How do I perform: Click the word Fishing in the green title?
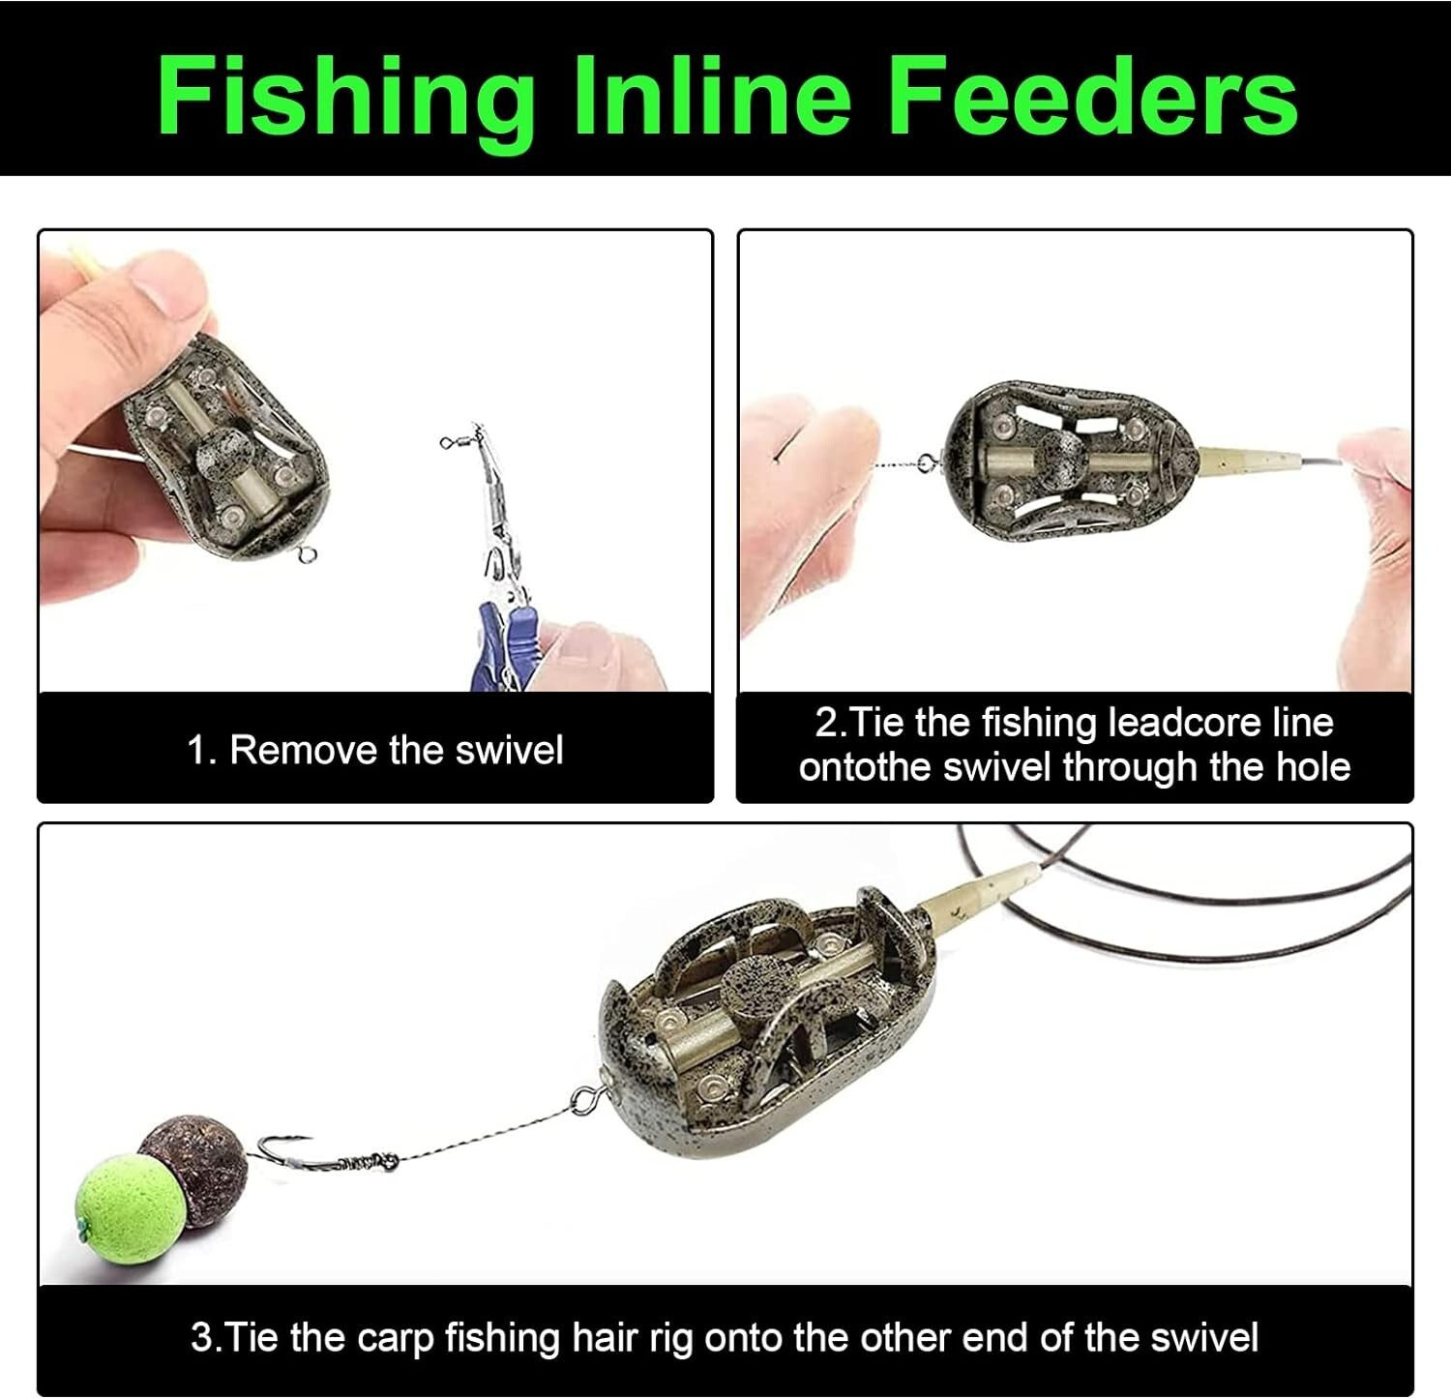(344, 96)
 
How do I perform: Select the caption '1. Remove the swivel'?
(374, 750)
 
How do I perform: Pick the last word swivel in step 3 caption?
(1203, 1337)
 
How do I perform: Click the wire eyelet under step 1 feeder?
(308, 556)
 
